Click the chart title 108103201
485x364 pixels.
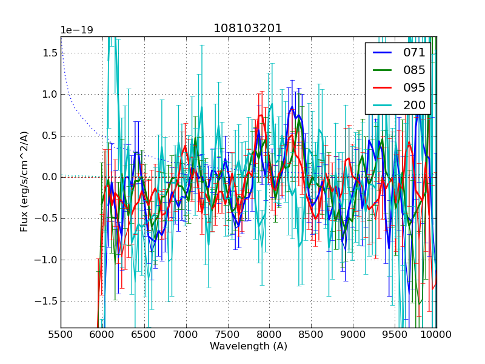(248, 29)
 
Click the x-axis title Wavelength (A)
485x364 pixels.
(249, 346)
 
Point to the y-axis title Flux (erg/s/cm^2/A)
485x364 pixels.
(24, 182)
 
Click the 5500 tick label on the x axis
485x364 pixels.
(61, 334)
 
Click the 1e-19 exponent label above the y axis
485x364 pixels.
(76, 30)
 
